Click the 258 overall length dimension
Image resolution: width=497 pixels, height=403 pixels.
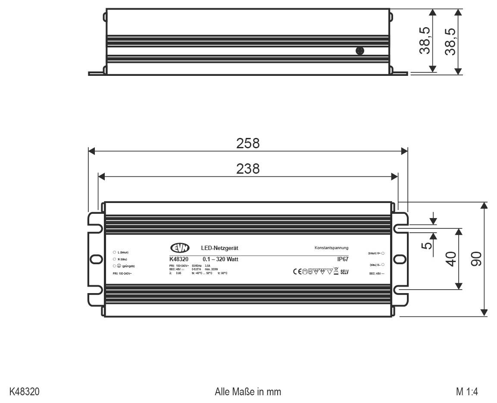248,144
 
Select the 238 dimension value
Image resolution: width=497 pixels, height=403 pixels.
248,169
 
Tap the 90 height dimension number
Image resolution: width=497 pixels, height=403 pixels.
476,259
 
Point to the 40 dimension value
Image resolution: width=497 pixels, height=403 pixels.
450,259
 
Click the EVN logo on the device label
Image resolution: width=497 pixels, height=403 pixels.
180,248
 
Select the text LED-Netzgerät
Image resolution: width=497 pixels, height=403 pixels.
219,248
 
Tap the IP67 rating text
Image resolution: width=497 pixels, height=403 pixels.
343,259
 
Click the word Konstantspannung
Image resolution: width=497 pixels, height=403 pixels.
331,248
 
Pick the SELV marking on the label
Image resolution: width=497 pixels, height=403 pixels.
344,272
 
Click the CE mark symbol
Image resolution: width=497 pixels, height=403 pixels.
297,272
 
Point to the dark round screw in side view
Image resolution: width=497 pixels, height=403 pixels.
359,51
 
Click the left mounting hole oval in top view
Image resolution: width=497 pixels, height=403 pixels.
95,259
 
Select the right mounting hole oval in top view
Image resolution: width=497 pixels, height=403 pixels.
400,259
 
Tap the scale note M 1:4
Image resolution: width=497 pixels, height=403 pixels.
467,392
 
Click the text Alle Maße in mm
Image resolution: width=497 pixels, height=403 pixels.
248,392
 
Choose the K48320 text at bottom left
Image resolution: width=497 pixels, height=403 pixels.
25,392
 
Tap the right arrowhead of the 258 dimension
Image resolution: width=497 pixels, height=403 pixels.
404,151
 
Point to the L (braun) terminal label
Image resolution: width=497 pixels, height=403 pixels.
123,252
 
